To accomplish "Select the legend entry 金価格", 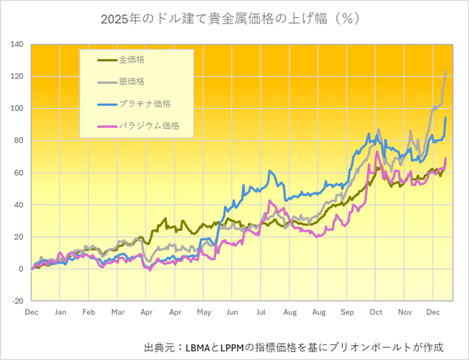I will pos(132,59).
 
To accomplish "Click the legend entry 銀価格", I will pos(132,82).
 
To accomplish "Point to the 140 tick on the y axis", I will pos(17,44).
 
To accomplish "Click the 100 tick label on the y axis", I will pos(17,109).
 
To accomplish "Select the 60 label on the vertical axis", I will pos(19,172).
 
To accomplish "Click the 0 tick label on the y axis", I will pos(21,269).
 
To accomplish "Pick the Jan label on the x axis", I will pos(60,313).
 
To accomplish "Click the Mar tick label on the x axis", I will pos(117,313).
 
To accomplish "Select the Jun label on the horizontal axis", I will pos(232,313).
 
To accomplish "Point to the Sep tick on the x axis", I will pos(347,313).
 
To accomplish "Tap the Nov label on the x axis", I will pos(405,313).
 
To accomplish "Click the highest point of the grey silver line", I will pos(446,72).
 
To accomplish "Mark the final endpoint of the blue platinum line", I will pos(446,118).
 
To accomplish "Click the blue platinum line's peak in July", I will pos(270,171).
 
